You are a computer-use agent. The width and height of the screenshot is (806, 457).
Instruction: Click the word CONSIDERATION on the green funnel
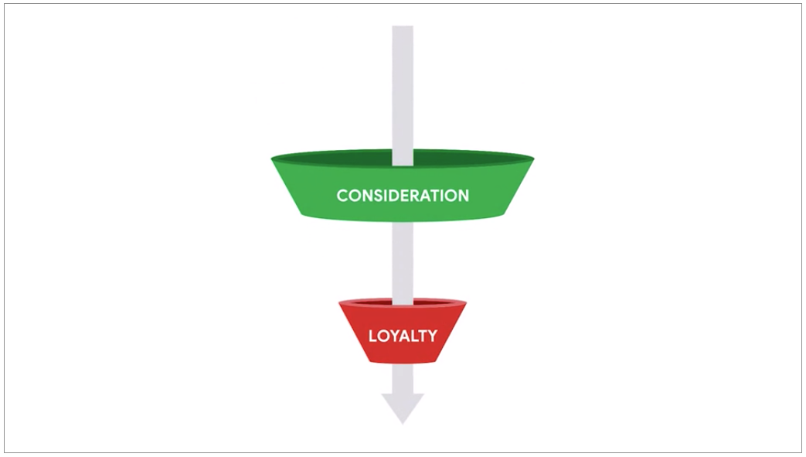403,196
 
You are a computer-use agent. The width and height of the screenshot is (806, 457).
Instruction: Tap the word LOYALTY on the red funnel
403,336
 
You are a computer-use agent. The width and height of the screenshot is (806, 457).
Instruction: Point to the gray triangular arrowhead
403,408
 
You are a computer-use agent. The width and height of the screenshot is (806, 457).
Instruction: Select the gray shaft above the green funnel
403,96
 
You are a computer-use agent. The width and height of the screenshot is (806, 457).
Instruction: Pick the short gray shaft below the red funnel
403,378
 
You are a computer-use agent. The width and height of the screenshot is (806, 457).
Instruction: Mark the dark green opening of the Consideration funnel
403,158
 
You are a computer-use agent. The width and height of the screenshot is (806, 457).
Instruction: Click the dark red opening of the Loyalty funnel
403,302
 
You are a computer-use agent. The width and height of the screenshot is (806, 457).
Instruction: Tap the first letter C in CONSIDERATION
342,196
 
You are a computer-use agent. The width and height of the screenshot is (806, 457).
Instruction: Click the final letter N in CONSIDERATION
463,196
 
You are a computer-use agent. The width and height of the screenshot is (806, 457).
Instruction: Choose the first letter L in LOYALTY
372,336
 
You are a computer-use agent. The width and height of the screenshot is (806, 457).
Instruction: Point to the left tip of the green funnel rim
271,159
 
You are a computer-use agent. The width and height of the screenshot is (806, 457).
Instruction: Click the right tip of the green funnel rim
534,159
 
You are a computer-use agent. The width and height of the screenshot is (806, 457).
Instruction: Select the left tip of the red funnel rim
339,303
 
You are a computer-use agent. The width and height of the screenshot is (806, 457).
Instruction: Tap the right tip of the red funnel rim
466,303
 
